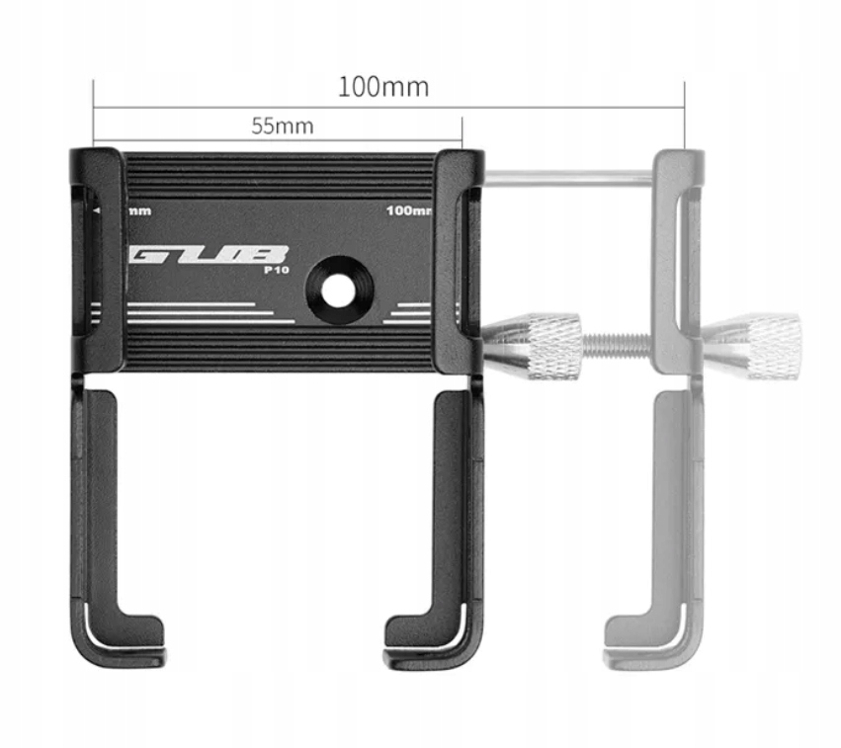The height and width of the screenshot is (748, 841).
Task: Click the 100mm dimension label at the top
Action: point(383,87)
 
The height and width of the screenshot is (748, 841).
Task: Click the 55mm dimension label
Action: point(282,125)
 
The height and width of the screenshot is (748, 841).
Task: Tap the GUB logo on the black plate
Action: point(209,257)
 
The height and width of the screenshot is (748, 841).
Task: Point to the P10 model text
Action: point(276,270)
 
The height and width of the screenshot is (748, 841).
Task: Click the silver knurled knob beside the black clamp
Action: point(540,345)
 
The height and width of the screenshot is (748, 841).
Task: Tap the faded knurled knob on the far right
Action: point(760,345)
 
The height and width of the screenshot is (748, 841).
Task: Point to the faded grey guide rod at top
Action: point(568,178)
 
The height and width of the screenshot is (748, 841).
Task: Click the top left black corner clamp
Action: point(98,173)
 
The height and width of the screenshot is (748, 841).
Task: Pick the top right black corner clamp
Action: point(459,173)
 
